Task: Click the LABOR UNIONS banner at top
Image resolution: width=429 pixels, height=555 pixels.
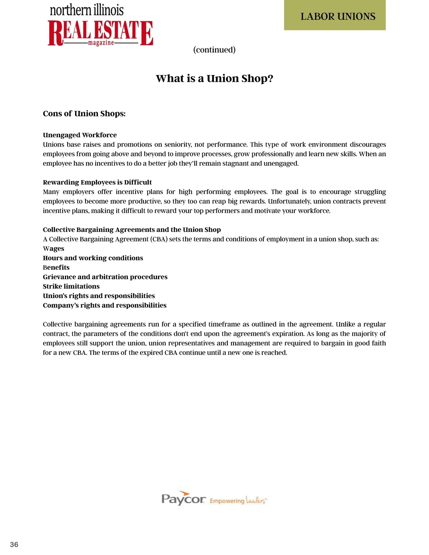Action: click(x=335, y=16)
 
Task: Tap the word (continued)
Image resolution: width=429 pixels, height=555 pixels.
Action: click(x=214, y=50)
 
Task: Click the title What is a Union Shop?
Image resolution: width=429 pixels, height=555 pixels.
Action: click(x=214, y=78)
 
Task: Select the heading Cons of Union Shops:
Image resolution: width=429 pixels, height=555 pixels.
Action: click(x=84, y=114)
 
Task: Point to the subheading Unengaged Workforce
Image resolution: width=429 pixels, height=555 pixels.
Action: click(x=80, y=135)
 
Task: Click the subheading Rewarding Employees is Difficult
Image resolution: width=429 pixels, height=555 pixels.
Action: click(x=97, y=182)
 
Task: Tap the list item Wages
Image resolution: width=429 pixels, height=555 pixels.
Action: click(x=54, y=249)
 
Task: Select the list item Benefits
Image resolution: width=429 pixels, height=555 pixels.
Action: click(x=56, y=268)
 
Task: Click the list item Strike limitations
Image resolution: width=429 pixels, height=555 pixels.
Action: click(x=71, y=287)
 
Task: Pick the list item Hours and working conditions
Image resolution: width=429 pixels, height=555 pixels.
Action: click(x=93, y=258)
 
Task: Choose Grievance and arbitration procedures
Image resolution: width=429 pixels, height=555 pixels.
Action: click(x=105, y=277)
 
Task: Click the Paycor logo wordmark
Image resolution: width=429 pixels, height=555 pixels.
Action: click(x=183, y=499)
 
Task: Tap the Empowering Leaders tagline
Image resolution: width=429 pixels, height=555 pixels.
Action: click(x=238, y=501)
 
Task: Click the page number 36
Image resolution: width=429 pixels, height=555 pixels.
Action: click(x=14, y=544)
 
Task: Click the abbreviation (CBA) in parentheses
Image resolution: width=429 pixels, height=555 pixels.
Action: click(x=159, y=239)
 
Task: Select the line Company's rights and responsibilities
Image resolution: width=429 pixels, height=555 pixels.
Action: click(x=105, y=306)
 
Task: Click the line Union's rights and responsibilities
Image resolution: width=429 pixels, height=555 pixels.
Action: click(x=99, y=296)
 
